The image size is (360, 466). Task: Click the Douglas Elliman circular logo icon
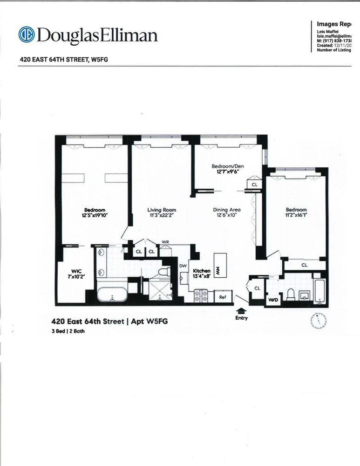(27, 34)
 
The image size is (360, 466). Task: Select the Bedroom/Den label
(228, 166)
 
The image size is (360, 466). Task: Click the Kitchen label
(202, 271)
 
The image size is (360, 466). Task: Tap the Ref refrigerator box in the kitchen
(223, 296)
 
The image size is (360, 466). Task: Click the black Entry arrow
(242, 309)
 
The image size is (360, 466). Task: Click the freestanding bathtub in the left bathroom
(111, 295)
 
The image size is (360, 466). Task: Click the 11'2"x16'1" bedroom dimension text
(296, 215)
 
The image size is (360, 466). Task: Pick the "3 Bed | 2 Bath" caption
(68, 331)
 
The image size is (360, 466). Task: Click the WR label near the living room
(165, 242)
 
